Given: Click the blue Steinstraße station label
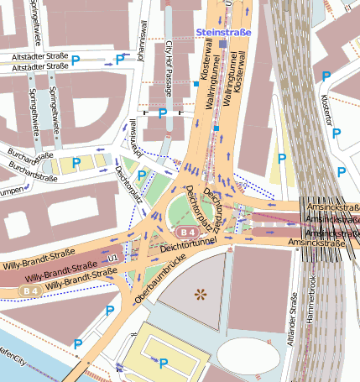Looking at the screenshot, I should (222, 32).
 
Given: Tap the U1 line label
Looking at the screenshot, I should (112, 259).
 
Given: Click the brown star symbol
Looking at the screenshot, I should (200, 293).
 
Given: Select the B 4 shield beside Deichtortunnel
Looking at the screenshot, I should (185, 231).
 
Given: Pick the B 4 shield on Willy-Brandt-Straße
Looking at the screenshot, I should (31, 290).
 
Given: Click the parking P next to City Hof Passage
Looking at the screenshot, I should (163, 113).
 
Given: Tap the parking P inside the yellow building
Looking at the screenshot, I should (164, 363).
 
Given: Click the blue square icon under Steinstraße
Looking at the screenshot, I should (222, 43).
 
